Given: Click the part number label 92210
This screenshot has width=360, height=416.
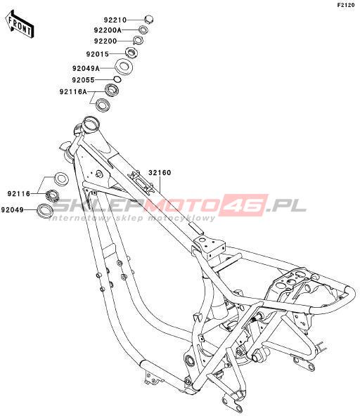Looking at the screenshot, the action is pyautogui.click(x=115, y=20).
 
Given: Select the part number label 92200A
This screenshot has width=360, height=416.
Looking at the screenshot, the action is pyautogui.click(x=108, y=30).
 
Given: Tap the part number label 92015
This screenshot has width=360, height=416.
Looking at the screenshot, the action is pyautogui.click(x=98, y=54).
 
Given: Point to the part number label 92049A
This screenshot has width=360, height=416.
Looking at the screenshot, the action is pyautogui.click(x=86, y=68).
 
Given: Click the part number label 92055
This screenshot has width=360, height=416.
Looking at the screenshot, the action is pyautogui.click(x=84, y=80).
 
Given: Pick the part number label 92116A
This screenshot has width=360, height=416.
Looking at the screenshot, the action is pyautogui.click(x=73, y=92).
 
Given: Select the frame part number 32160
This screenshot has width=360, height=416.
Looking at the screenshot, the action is pyautogui.click(x=160, y=173).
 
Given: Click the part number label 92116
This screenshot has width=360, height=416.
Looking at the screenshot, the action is pyautogui.click(x=19, y=194).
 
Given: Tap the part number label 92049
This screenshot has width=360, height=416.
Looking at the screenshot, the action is pyautogui.click(x=13, y=210).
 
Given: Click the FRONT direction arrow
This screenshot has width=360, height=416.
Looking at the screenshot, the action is pyautogui.click(x=20, y=25).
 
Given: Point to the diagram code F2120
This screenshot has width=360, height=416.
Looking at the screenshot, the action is pyautogui.click(x=346, y=5).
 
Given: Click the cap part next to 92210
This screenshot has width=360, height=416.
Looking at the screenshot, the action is pyautogui.click(x=149, y=20).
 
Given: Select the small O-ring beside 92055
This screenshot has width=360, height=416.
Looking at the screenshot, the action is pyautogui.click(x=117, y=79).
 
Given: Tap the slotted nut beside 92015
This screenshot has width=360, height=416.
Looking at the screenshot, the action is pyautogui.click(x=131, y=52).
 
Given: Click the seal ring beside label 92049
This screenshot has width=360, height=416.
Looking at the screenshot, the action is pyautogui.click(x=46, y=211).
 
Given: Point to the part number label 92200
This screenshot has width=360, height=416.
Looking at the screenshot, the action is pyautogui.click(x=105, y=41).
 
